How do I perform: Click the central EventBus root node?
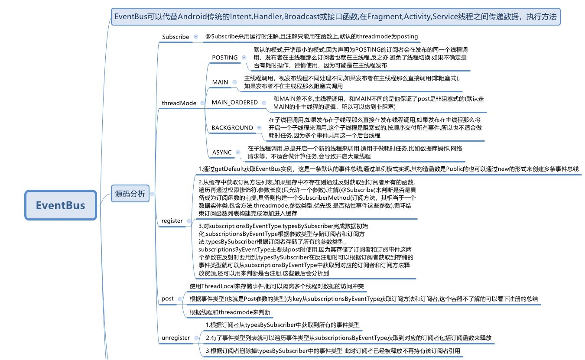pos(61,205)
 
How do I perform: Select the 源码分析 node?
pos(130,194)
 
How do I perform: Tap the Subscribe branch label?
pos(175,37)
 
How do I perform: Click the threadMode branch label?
pos(179,103)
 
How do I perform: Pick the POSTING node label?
pos(224,57)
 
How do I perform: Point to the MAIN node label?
pos(220,82)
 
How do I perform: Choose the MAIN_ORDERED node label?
pos(234,103)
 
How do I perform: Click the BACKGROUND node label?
pos(232,128)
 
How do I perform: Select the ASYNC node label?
pos(222,152)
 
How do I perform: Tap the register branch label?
pos(172,221)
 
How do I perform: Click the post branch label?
pos(167,298)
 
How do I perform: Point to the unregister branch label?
pos(175,337)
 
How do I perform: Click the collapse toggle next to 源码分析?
pos(152,194)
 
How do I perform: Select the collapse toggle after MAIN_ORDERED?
pos(263,103)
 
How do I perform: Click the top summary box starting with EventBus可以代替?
pos(335,17)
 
